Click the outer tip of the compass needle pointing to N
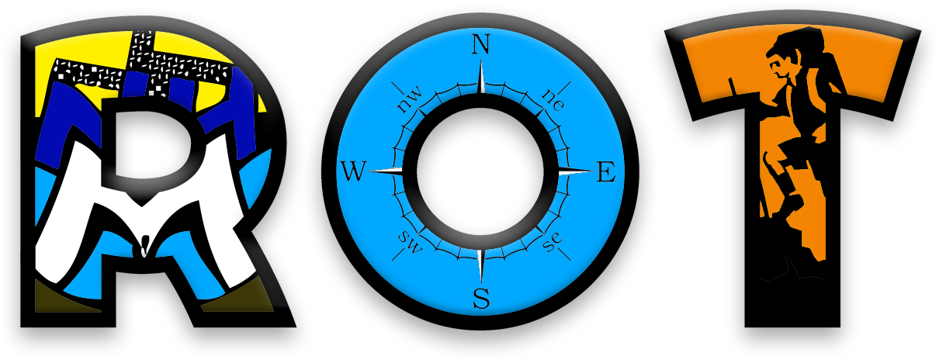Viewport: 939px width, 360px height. click(x=481, y=60)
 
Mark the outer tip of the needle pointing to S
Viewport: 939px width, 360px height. click(x=481, y=283)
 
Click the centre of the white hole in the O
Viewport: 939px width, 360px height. click(x=480, y=171)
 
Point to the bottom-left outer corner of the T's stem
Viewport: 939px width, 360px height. click(x=745, y=327)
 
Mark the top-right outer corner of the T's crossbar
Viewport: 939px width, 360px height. click(x=921, y=30)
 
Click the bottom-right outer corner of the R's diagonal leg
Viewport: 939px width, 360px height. click(x=296, y=326)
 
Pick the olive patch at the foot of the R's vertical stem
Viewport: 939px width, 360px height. click(x=67, y=296)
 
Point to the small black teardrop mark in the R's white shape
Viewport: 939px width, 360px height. click(x=144, y=247)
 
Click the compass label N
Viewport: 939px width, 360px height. click(x=481, y=44)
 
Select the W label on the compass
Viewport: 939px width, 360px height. click(x=353, y=171)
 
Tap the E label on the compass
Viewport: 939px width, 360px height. click(x=606, y=171)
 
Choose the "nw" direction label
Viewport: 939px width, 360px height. click(x=410, y=101)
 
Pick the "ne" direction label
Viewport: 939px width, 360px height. click(x=553, y=100)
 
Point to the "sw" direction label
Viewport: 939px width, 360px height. click(x=411, y=242)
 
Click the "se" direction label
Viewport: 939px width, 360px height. click(x=552, y=242)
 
